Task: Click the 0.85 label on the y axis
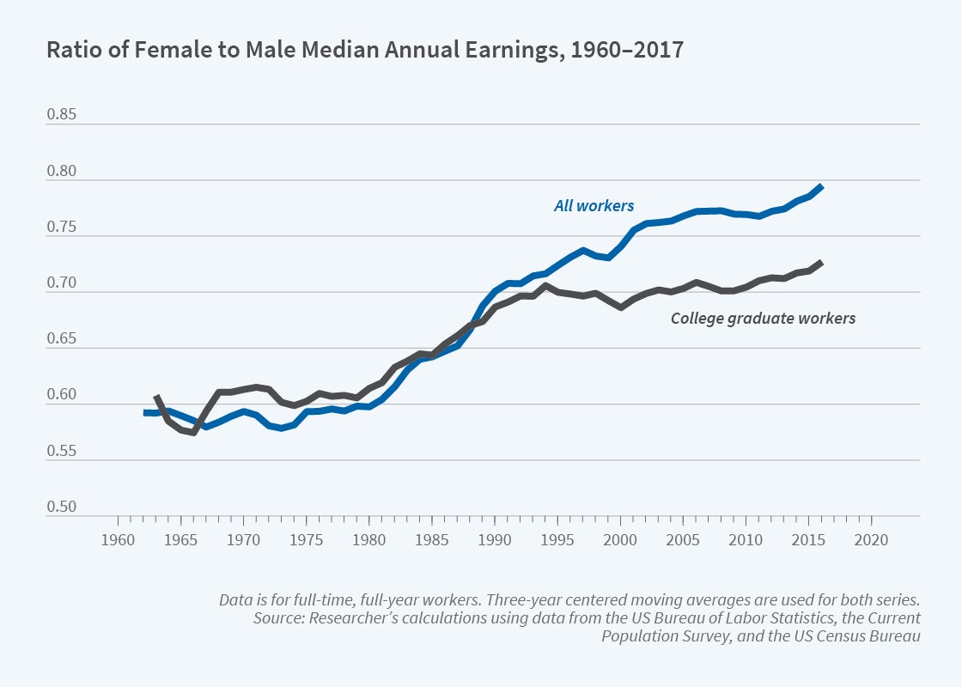point(62,113)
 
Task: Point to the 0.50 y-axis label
point(62,507)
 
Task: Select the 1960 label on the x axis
point(118,542)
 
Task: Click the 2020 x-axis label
point(872,542)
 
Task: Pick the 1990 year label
point(495,542)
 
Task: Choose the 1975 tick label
point(307,542)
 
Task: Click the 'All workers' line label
point(594,205)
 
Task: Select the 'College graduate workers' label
point(763,318)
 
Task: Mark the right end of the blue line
point(823,185)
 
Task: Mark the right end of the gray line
point(823,261)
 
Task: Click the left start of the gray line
point(156,397)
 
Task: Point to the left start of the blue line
point(144,413)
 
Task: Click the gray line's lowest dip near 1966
point(194,432)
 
